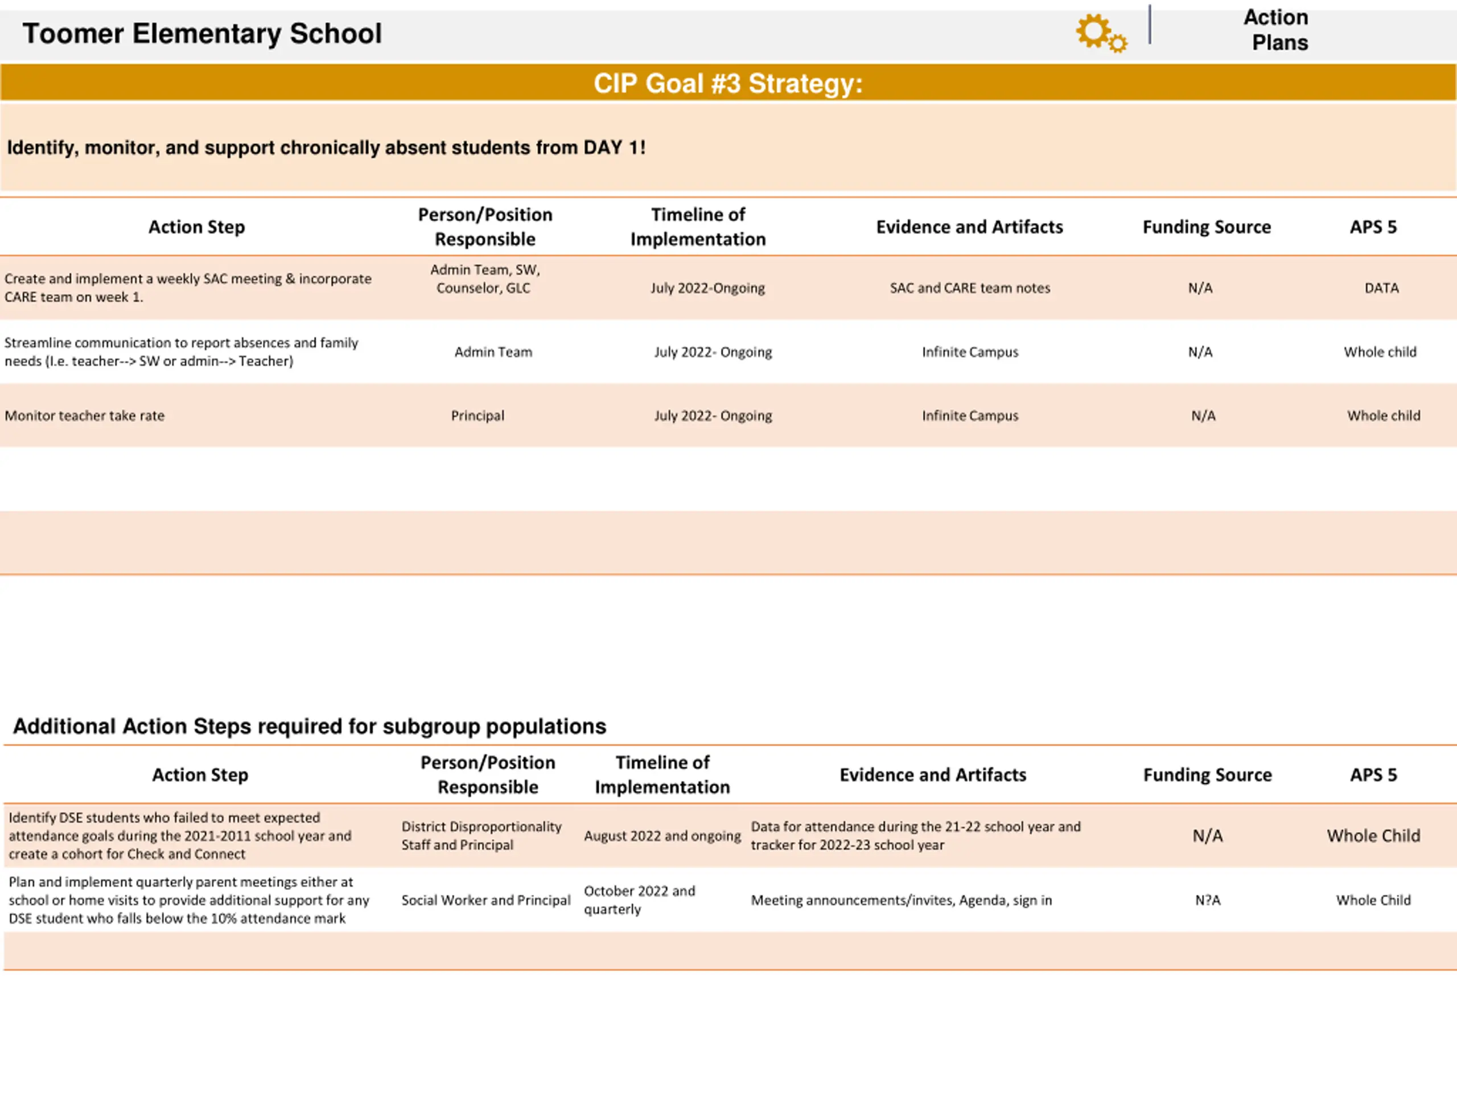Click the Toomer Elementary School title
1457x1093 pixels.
tap(201, 34)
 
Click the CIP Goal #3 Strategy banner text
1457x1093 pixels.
tap(728, 84)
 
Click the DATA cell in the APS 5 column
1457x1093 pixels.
tap(1381, 288)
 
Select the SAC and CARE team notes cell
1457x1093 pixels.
tap(970, 288)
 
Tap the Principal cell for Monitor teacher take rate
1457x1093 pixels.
tap(478, 416)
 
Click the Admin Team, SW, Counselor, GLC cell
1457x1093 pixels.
tap(485, 279)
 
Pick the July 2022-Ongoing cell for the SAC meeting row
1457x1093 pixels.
tap(707, 288)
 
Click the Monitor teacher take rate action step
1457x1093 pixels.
tap(84, 416)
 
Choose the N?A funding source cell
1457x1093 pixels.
tap(1207, 900)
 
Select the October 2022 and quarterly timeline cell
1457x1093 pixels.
tap(639, 900)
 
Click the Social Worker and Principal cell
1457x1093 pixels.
tap(485, 900)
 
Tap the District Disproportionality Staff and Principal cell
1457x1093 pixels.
tap(481, 835)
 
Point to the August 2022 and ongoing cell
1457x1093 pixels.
tap(662, 835)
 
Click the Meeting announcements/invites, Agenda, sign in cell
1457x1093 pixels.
tap(901, 900)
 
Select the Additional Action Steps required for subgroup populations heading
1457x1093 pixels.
tap(310, 726)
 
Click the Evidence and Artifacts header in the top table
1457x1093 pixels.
tap(969, 227)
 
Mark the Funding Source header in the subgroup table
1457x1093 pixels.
tap(1207, 775)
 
